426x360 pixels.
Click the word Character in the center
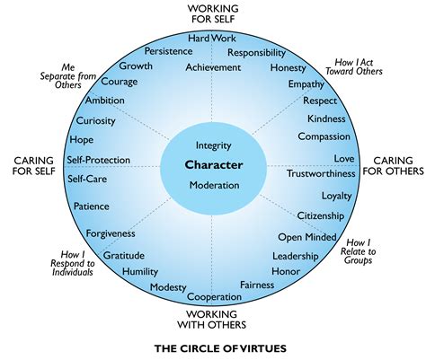click(213, 164)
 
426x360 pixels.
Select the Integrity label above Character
click(213, 145)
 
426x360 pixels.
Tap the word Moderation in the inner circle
click(213, 185)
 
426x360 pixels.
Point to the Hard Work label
click(211, 39)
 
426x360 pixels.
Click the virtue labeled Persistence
click(169, 51)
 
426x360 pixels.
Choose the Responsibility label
click(256, 53)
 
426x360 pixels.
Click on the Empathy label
click(306, 85)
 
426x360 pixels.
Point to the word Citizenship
click(322, 215)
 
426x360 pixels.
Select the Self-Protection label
click(98, 161)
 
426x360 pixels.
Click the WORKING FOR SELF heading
click(213, 13)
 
